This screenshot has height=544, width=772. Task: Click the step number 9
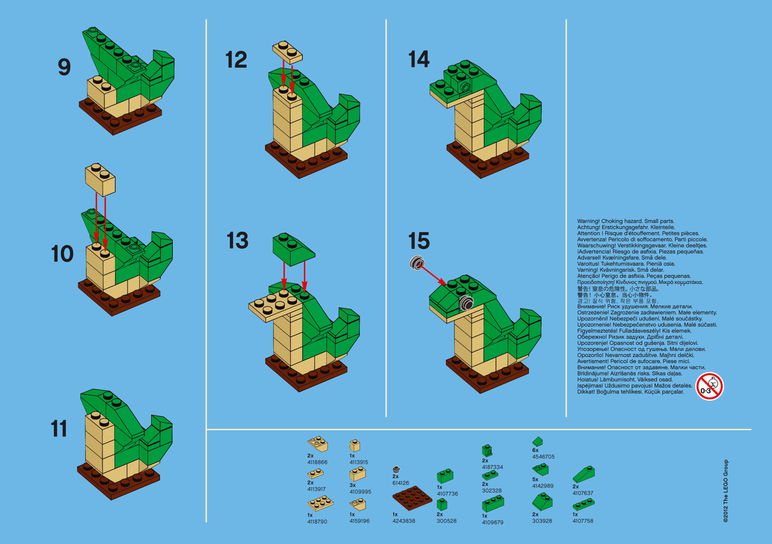(64, 68)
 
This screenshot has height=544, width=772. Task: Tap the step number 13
(237, 241)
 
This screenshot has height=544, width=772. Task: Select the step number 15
(418, 241)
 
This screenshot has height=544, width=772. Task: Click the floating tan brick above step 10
(100, 178)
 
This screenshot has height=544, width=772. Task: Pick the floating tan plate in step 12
(287, 51)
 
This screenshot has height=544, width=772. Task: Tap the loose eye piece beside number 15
(417, 263)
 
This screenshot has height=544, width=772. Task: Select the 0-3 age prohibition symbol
(709, 386)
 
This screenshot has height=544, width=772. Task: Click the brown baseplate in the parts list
(412, 497)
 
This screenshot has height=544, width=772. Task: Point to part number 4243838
(403, 521)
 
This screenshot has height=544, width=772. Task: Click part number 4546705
(543, 457)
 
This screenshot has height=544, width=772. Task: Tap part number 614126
(400, 483)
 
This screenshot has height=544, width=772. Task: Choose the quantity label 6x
(535, 450)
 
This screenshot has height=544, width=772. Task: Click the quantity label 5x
(535, 480)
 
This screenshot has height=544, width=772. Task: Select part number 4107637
(582, 493)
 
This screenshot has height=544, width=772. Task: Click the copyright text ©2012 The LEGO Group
(725, 491)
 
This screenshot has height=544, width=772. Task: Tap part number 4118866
(317, 462)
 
